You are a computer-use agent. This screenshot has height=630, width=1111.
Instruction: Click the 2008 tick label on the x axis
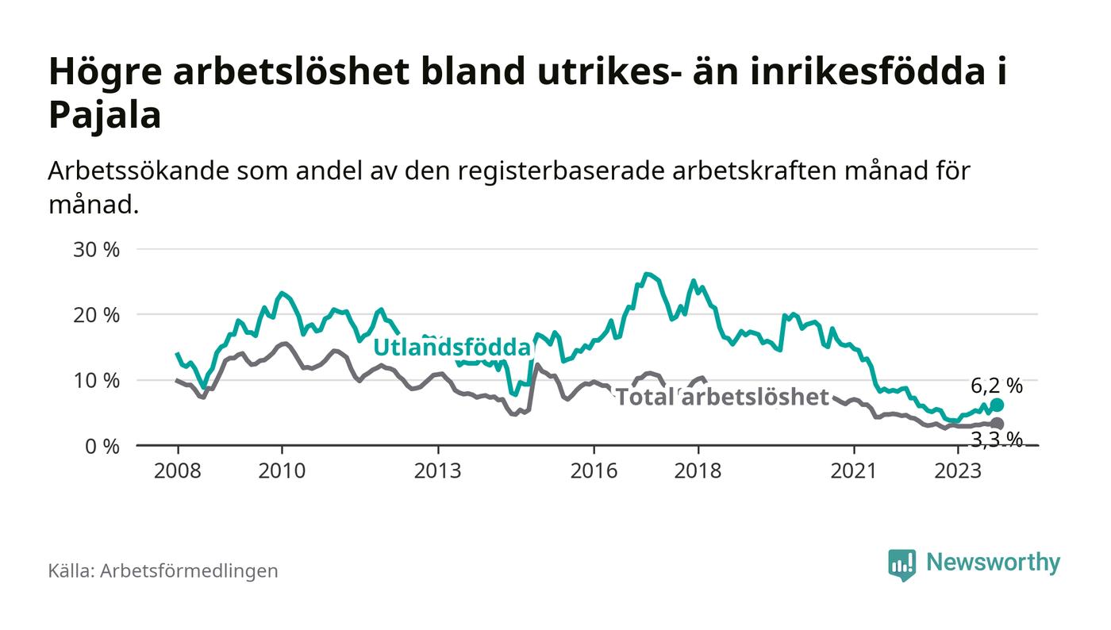[177, 471]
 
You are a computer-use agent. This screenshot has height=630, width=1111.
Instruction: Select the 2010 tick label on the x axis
[282, 471]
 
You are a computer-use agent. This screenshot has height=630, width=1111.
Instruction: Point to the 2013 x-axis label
[437, 471]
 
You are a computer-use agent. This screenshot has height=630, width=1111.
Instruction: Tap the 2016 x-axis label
[594, 471]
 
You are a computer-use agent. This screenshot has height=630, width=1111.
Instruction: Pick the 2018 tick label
[698, 471]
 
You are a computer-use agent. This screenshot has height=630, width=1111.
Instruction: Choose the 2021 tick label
[854, 471]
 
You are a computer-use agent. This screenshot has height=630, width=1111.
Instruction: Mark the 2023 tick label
[958, 471]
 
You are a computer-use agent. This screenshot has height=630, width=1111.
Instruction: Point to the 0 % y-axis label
[104, 446]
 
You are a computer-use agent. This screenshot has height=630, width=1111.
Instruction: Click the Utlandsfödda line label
[452, 348]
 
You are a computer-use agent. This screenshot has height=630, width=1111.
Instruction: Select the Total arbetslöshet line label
[722, 397]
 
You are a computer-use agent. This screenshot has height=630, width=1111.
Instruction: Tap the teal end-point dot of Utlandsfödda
[997, 405]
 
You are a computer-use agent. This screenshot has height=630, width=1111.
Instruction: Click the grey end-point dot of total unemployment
[997, 424]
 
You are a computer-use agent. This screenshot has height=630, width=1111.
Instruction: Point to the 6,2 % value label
[997, 386]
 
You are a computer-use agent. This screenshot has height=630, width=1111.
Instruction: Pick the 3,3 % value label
[997, 439]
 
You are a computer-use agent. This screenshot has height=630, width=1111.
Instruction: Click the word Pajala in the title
[105, 116]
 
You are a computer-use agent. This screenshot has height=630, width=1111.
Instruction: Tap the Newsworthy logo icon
[901, 564]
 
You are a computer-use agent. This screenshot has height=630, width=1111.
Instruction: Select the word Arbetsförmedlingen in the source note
[189, 570]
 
